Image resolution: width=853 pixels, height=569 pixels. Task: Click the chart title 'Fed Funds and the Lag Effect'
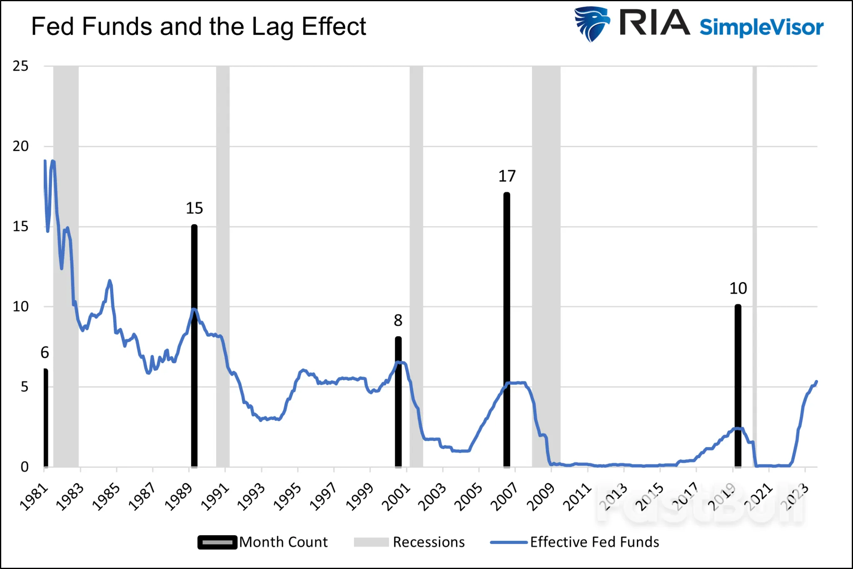199,27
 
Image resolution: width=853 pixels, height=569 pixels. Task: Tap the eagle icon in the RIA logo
591,24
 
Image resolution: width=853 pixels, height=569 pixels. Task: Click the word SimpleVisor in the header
761,27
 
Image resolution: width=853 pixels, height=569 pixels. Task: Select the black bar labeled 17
506,329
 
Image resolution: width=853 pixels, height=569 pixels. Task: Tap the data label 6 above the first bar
45,353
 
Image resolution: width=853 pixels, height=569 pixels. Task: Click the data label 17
507,176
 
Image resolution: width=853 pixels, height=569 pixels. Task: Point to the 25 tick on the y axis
20,66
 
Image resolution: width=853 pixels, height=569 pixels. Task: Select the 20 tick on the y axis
20,146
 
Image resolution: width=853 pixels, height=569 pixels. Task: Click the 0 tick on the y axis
25,467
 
